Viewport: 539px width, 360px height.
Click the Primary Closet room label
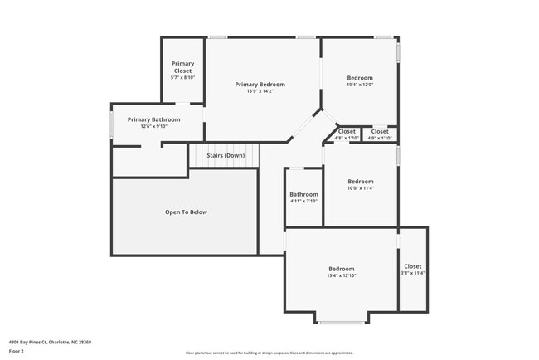coord(182,67)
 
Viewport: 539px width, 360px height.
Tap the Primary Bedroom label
coord(260,85)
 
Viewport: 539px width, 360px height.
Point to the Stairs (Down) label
coord(226,155)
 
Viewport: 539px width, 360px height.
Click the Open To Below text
coord(186,212)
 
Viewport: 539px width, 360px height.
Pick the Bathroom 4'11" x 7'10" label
coord(304,194)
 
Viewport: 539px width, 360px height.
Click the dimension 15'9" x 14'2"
coord(260,91)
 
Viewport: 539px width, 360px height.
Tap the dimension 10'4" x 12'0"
coord(360,85)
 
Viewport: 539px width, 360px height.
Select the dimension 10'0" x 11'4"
coord(361,188)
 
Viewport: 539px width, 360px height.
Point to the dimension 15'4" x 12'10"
coord(342,275)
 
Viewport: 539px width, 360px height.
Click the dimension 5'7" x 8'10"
coord(182,77)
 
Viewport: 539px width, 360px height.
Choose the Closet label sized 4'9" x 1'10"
coord(380,131)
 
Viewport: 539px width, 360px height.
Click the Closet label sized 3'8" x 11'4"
coord(413,266)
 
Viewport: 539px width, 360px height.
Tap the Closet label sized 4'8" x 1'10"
coord(347,131)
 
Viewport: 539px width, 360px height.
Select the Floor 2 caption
coord(17,351)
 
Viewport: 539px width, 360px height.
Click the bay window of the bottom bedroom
coord(341,322)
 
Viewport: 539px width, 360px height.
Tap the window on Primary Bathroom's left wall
coord(112,124)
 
